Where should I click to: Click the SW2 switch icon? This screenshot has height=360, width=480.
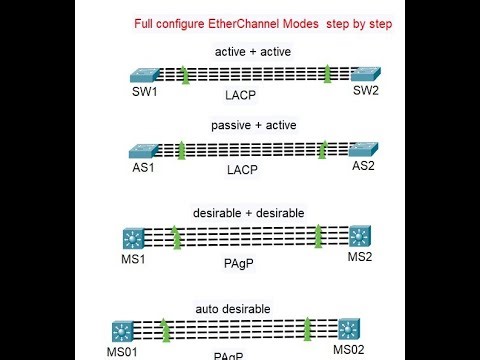click(360, 74)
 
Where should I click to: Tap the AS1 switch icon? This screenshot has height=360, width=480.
click(143, 151)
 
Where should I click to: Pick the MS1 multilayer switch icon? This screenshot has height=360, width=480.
click(133, 239)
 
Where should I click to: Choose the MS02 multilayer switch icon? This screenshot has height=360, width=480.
click(348, 327)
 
